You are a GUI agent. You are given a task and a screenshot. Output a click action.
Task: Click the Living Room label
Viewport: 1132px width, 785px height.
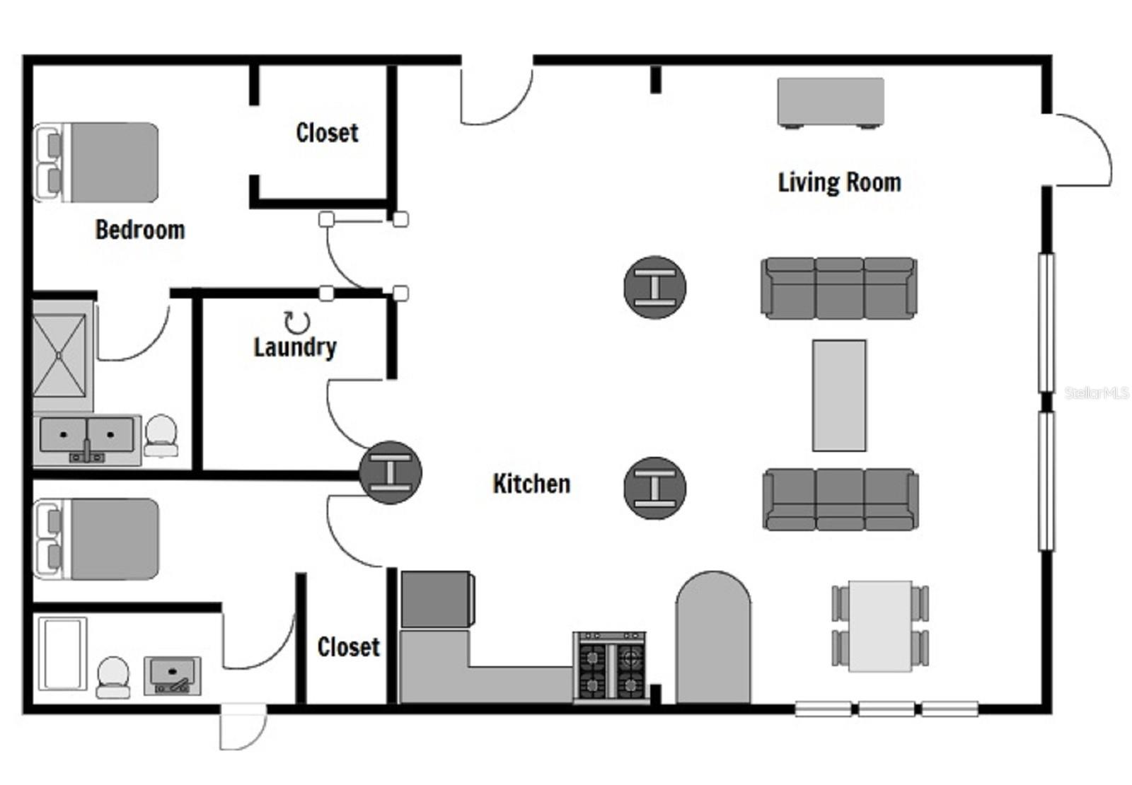pyautogui.click(x=839, y=182)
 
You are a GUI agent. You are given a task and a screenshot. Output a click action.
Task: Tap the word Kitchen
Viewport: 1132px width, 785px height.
pyautogui.click(x=531, y=484)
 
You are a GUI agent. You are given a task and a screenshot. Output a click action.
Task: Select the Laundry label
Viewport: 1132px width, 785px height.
pyautogui.click(x=295, y=347)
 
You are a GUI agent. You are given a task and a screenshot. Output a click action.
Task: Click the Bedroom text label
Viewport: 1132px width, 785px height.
pyautogui.click(x=140, y=230)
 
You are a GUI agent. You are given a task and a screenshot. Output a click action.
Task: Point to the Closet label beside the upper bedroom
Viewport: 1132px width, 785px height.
pyautogui.click(x=327, y=132)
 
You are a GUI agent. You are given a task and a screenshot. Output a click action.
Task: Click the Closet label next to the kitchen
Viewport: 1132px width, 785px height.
pyautogui.click(x=348, y=646)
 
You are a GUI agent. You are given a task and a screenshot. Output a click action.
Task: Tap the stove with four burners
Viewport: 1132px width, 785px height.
pyautogui.click(x=610, y=668)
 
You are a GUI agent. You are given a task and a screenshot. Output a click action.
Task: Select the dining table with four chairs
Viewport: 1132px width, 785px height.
pyautogui.click(x=879, y=626)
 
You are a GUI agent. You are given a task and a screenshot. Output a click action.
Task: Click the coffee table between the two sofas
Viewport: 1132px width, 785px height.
pyautogui.click(x=839, y=395)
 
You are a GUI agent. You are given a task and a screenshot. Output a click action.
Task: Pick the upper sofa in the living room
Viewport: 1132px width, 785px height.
pyautogui.click(x=839, y=288)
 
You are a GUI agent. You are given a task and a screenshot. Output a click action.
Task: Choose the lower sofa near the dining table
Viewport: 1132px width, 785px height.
pyautogui.click(x=840, y=499)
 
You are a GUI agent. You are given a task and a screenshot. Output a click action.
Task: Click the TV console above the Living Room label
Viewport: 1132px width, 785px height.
pyautogui.click(x=831, y=102)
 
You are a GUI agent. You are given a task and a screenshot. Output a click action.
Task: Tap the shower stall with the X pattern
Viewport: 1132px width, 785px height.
pyautogui.click(x=59, y=356)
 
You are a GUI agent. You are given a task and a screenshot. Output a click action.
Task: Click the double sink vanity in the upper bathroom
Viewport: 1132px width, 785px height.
pyautogui.click(x=86, y=438)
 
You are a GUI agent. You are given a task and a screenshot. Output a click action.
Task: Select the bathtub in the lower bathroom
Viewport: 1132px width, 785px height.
pyautogui.click(x=62, y=654)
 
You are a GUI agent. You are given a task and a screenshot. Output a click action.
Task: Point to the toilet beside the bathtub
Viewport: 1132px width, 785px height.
pyautogui.click(x=113, y=676)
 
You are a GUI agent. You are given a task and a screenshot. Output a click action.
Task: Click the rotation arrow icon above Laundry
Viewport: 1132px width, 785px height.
pyautogui.click(x=297, y=322)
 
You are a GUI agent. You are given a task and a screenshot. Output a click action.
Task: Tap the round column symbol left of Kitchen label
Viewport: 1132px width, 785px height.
pyautogui.click(x=391, y=472)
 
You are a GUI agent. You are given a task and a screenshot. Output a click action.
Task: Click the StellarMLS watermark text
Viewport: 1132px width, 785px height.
pyautogui.click(x=1096, y=392)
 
